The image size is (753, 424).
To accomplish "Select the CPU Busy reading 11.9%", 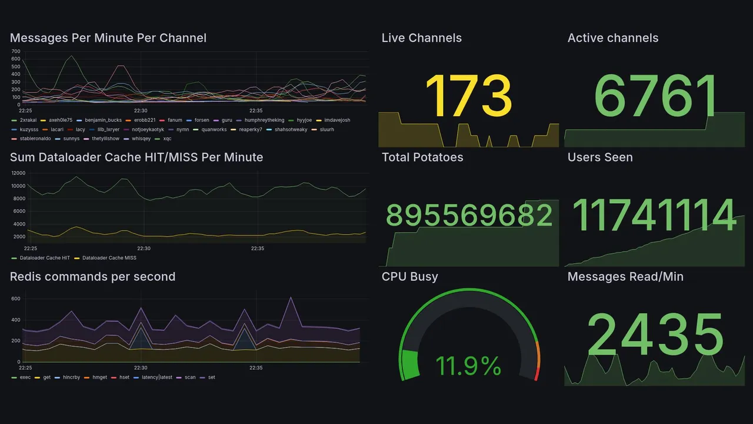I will tap(468, 366).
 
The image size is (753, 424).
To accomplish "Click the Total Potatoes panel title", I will tap(422, 157).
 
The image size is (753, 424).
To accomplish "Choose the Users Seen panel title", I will tap(599, 157).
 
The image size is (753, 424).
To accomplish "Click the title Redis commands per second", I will tap(92, 277).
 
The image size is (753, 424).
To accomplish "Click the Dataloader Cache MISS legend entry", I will tap(109, 258).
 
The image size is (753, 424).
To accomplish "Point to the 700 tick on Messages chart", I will tap(15, 52).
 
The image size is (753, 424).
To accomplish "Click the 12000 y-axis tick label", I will tap(18, 173).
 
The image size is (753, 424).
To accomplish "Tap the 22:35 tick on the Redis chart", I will tap(255, 367).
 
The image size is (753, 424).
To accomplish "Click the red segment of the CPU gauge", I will tap(535, 374).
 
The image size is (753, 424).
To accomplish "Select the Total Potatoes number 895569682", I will tap(468, 217).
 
